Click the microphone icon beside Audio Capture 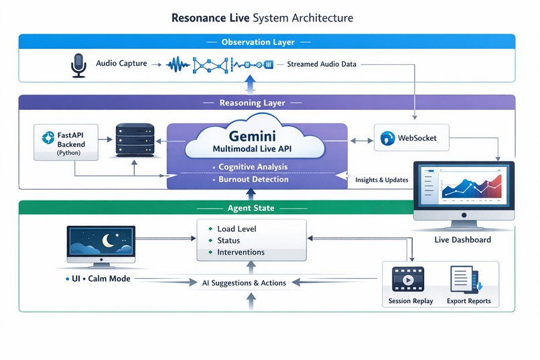coord(79,65)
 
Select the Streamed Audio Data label coord(322,65)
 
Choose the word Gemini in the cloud coord(258,133)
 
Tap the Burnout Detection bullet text coord(253,180)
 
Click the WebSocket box coord(411,138)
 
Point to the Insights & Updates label coord(383,180)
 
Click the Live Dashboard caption coord(462,239)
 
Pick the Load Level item coord(237,229)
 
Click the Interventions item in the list coord(241,252)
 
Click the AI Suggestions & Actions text coord(244,283)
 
